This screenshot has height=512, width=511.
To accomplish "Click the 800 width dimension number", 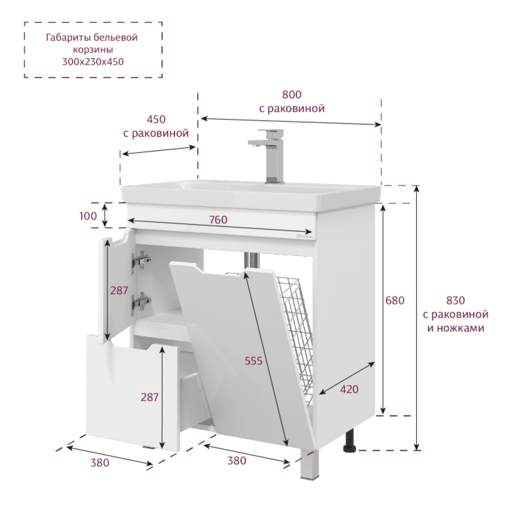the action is point(292,95).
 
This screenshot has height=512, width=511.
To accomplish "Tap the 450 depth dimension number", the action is point(156,120).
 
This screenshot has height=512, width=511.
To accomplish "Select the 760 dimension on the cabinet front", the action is point(218,220).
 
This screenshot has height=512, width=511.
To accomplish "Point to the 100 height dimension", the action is point(88,216).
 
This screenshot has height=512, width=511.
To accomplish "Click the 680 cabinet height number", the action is point(395,300).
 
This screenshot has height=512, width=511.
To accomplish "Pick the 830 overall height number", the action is point(455,300).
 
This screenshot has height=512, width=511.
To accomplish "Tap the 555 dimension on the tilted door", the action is point(253,360).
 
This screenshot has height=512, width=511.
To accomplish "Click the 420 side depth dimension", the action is point(349,390).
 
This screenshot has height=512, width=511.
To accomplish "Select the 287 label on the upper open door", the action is point(119,291).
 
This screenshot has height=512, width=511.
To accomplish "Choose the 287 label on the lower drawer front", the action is point(150,397).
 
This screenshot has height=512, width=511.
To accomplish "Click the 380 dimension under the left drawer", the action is point(100,463).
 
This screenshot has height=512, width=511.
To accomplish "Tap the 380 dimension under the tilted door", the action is point(237,461).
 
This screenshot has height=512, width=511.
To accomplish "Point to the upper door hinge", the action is point(141,261).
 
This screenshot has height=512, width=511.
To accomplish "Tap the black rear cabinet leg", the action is point(350,441).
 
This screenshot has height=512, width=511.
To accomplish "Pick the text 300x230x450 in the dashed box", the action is point(93,62).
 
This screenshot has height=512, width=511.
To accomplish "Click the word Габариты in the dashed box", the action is point(68,37).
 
